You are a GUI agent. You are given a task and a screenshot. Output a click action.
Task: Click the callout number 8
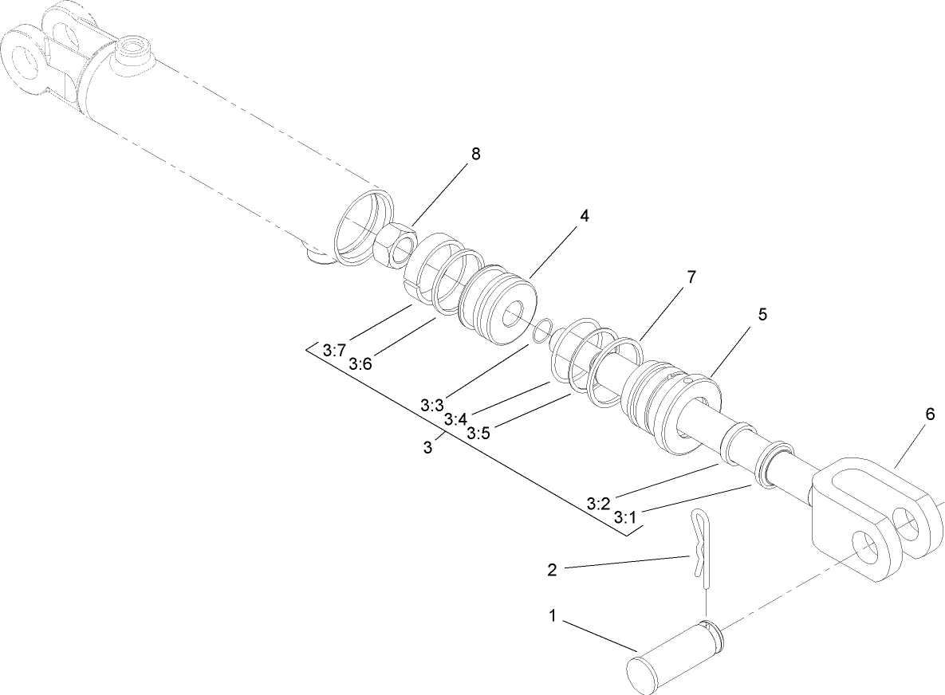click(x=475, y=155)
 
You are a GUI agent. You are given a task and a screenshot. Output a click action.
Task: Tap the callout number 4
click(x=585, y=217)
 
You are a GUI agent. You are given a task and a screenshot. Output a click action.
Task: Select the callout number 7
click(x=691, y=277)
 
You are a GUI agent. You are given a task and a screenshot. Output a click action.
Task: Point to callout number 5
click(x=762, y=315)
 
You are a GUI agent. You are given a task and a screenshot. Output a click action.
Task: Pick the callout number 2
click(x=552, y=570)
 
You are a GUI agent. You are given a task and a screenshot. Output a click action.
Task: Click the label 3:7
click(x=335, y=350)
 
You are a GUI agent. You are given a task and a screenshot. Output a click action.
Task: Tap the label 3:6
click(x=360, y=363)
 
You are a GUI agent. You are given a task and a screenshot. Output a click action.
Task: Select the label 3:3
click(x=432, y=405)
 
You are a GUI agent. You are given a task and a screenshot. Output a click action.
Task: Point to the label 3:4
click(x=455, y=419)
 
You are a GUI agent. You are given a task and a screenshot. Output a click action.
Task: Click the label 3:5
click(x=478, y=434)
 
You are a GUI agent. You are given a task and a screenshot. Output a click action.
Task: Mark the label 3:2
click(x=598, y=504)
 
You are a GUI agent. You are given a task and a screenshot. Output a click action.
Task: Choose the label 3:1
click(x=625, y=517)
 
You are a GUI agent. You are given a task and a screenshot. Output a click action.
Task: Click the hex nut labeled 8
click(x=393, y=243)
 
